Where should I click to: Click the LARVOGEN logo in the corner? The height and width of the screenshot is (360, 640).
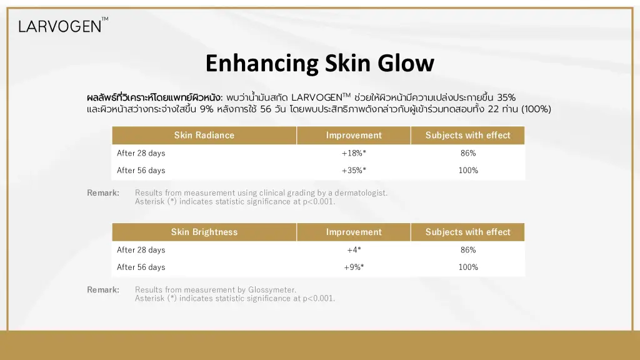click(x=63, y=25)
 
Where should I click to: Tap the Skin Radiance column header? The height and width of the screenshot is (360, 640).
click(x=204, y=135)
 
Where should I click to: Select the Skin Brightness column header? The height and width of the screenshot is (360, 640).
click(x=204, y=232)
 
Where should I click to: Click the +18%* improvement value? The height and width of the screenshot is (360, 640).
click(x=354, y=153)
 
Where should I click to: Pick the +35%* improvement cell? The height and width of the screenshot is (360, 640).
click(x=354, y=170)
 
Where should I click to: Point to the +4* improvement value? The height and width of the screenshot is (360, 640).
click(x=354, y=250)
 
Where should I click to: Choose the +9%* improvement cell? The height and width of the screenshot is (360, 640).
click(x=354, y=267)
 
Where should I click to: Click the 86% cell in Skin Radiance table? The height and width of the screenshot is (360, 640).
click(x=468, y=153)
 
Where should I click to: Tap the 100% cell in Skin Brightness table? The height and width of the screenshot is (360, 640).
click(x=468, y=267)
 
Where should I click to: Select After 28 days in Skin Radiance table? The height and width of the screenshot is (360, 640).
click(x=141, y=153)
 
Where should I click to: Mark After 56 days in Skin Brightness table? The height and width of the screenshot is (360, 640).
click(x=141, y=267)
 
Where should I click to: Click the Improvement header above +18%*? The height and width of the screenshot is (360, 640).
click(x=354, y=135)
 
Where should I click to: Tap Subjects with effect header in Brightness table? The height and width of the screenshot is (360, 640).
click(x=467, y=232)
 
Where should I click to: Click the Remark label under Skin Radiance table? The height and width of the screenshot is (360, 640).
click(x=103, y=192)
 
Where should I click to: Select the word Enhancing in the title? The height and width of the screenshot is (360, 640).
click(x=262, y=63)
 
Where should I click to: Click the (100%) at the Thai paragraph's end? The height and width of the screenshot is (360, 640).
click(x=536, y=109)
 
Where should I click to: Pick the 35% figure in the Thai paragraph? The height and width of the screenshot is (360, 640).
click(x=506, y=97)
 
